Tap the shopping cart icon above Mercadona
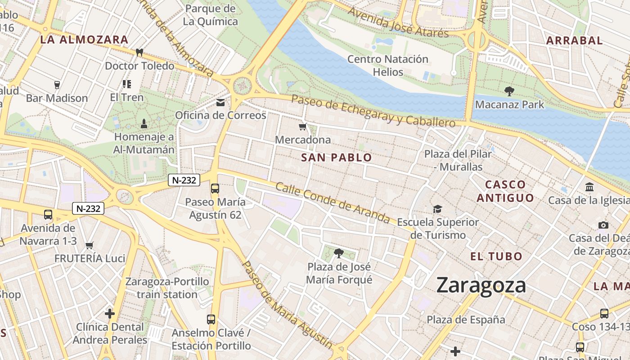coord(303,127)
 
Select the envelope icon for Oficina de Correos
coord(220,103)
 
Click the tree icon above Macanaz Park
coord(509,91)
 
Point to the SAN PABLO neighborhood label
coord(337,157)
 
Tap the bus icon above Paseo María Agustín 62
coord(215,189)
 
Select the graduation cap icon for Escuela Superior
coord(437,209)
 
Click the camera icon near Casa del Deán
coord(603,225)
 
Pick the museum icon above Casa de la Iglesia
coord(589,187)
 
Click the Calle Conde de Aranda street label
coord(333,203)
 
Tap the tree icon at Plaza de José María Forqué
coord(339,253)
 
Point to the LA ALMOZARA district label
coord(85,40)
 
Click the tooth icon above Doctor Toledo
coord(139,52)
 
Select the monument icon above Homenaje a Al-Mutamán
coord(144,123)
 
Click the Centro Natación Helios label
coord(387,65)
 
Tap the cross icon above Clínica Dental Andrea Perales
coord(110,313)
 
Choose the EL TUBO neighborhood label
coord(496,256)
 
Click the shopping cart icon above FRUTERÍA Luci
coord(89,245)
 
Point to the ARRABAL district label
coord(574,40)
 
